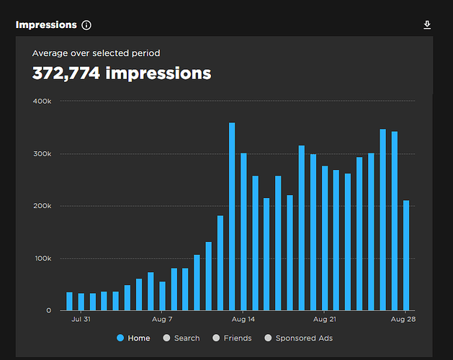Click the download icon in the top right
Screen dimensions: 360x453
[427, 25]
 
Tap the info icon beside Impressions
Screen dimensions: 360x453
[86, 25]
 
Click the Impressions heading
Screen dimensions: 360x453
[46, 24]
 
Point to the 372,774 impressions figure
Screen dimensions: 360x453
[122, 73]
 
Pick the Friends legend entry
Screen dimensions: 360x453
[232, 338]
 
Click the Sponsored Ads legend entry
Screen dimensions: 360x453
[298, 338]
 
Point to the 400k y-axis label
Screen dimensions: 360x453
[42, 101]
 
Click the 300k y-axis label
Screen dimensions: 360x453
[42, 153]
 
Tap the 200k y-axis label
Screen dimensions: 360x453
[42, 206]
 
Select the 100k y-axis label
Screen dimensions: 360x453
[42, 258]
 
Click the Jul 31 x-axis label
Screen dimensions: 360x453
[81, 318]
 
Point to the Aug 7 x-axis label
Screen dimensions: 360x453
[162, 318]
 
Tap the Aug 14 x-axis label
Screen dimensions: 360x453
[243, 318]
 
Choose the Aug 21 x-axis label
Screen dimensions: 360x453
[325, 318]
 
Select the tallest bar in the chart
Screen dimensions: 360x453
[232, 216]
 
